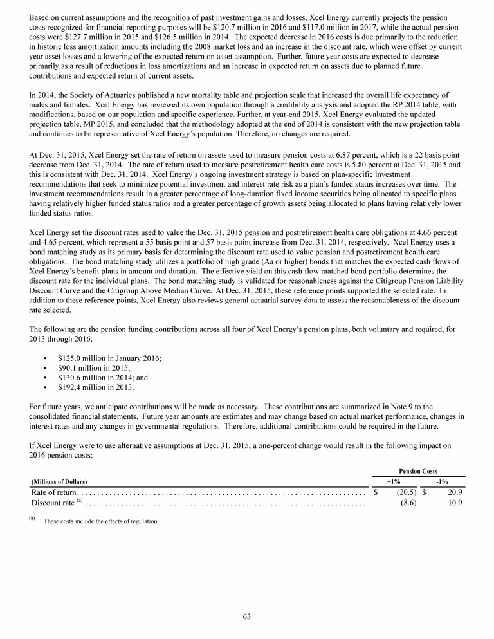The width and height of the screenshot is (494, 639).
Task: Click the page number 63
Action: pos(246,616)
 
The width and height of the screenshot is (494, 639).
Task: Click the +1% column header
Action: pos(393,481)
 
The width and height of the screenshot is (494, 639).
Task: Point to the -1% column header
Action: pos(442,481)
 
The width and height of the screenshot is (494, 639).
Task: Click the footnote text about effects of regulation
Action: pos(100,521)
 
